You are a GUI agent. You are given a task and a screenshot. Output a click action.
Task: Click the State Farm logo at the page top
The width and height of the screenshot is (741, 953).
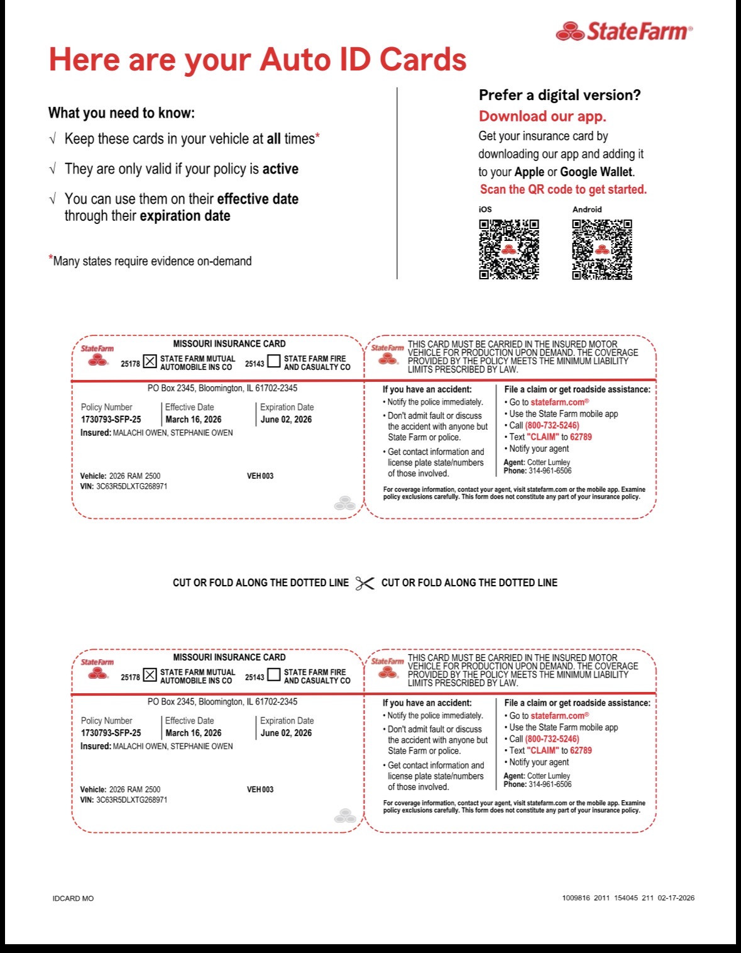(x=624, y=31)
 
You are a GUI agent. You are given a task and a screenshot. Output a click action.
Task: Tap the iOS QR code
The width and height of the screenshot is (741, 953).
(x=508, y=250)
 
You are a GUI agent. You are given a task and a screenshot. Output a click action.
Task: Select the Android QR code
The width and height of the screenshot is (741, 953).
(x=602, y=250)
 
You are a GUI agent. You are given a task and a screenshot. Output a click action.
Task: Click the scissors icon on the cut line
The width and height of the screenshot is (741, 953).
(x=365, y=583)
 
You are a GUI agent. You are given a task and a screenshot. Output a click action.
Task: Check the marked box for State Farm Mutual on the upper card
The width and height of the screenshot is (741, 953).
(x=150, y=361)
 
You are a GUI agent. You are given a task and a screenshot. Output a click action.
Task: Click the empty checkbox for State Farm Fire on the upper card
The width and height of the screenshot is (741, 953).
(x=274, y=361)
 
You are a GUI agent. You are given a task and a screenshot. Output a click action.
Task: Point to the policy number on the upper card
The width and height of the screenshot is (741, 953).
(x=111, y=420)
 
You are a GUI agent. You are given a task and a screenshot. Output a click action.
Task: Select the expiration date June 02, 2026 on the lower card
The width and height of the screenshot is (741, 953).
(x=286, y=733)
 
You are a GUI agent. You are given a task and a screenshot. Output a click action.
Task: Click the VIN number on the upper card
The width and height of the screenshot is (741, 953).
(x=131, y=486)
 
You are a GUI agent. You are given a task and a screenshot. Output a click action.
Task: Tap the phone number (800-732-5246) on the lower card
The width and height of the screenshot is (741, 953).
(x=552, y=738)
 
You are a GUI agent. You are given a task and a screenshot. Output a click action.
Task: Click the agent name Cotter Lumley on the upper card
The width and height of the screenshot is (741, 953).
(x=548, y=462)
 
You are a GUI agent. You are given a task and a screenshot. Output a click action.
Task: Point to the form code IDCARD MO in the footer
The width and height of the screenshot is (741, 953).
(x=73, y=898)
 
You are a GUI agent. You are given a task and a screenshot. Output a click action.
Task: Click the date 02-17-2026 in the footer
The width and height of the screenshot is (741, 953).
(x=676, y=898)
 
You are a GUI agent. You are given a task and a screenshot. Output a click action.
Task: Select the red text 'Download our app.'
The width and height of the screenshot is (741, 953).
(x=542, y=116)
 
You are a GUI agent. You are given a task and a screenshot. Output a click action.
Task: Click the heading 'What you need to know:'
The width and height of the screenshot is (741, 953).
(x=121, y=113)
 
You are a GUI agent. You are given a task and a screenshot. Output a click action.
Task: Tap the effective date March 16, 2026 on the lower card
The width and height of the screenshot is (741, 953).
(x=193, y=733)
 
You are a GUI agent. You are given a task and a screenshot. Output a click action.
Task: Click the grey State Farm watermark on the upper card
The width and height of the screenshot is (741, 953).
(x=345, y=503)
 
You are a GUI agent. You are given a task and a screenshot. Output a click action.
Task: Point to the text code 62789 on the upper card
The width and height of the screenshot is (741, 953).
(x=581, y=437)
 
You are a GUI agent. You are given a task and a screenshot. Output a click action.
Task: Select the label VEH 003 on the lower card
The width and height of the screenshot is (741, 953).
(x=260, y=789)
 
